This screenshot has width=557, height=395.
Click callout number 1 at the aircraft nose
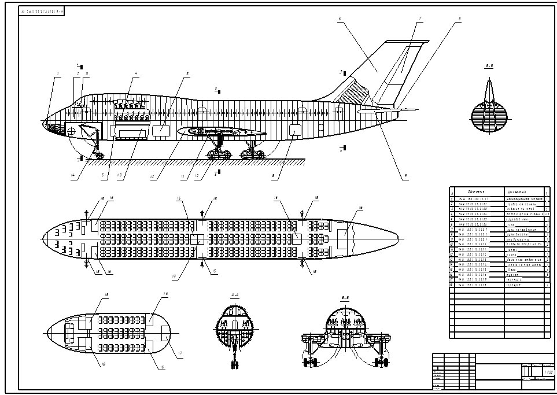58,73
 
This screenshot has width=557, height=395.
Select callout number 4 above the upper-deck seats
136,73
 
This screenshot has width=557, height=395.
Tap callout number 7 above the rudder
419,19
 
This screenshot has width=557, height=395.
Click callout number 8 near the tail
460,19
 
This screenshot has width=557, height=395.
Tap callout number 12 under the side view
152,178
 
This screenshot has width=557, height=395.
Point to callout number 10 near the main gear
197,176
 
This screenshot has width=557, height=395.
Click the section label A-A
235,295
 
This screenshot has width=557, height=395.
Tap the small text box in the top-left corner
41,11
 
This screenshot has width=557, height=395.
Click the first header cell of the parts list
453,191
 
